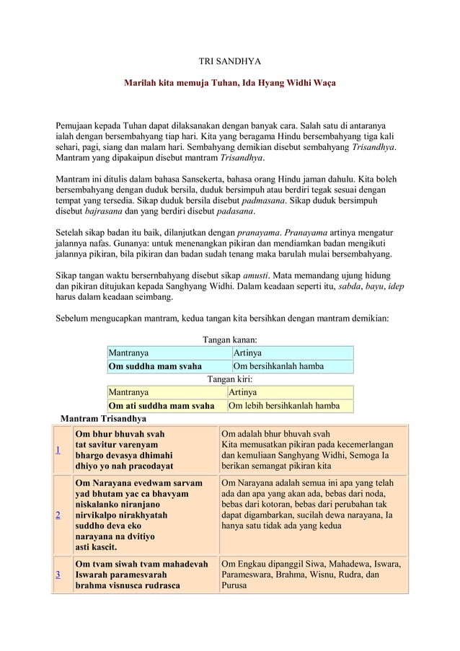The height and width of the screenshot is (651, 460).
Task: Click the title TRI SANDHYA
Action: [230, 63]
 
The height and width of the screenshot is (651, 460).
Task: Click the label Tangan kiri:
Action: [229, 379]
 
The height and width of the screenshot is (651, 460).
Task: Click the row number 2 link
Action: [58, 516]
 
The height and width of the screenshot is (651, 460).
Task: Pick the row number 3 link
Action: [58, 575]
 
